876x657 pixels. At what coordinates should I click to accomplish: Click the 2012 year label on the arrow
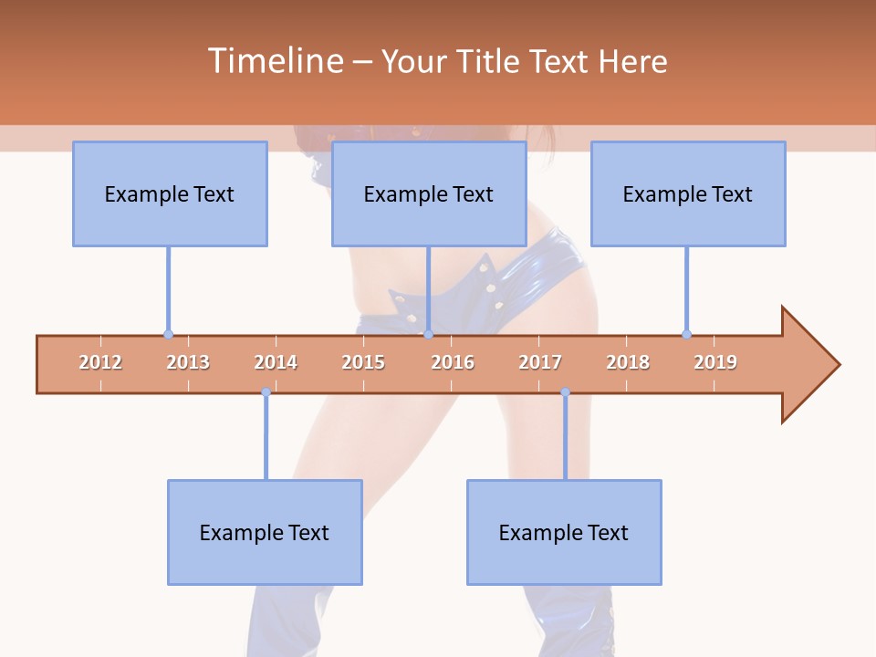pos(100,362)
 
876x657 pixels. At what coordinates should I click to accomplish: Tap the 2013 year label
pos(188,362)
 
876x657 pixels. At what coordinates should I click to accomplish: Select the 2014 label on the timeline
pos(276,362)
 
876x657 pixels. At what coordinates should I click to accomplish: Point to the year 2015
pos(363,362)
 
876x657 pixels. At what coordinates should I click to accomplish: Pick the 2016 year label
pos(453,362)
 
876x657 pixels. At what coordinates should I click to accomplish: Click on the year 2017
pos(540,362)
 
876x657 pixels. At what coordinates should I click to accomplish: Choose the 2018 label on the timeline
pos(628,362)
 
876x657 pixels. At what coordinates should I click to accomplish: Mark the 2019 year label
pos(715,362)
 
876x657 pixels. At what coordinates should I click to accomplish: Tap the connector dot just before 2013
pos(168,334)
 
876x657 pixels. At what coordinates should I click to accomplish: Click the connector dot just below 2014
pos(266,392)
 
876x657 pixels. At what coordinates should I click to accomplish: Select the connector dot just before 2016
pos(428,334)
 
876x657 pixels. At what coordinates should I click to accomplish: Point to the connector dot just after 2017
pos(565,392)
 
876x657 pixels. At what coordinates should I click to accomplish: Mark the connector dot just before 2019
pos(686,334)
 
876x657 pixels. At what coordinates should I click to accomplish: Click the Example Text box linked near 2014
pos(265,532)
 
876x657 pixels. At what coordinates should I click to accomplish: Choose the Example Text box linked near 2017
pos(564,532)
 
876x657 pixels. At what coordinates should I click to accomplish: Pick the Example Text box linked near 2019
pos(688,193)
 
